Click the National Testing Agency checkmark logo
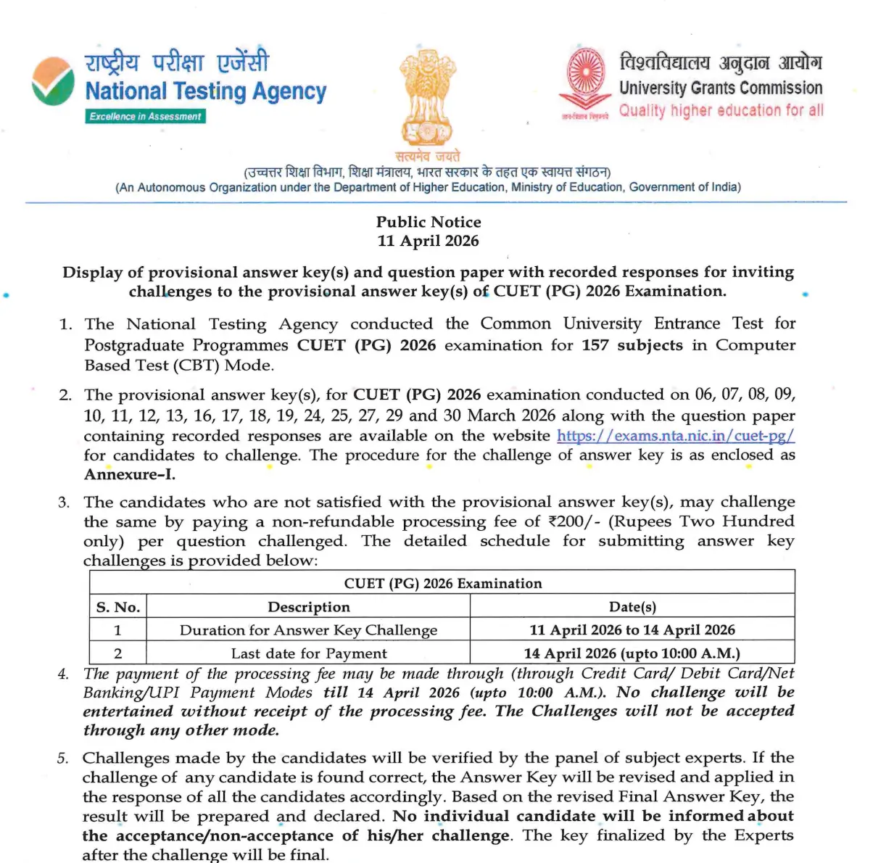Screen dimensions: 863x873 [53, 81]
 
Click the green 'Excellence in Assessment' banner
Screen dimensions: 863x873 [146, 116]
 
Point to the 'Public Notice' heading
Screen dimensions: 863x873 [429, 222]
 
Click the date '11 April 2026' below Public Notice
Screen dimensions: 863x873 [428, 241]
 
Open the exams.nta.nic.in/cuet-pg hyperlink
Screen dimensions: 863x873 [675, 436]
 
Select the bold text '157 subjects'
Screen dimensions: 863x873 [632, 345]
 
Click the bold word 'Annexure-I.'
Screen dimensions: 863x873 [130, 475]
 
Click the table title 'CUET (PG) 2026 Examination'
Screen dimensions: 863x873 [442, 583]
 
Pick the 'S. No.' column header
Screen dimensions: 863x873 [118, 607]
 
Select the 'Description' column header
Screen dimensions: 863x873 [309, 607]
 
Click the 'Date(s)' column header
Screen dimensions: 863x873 [632, 607]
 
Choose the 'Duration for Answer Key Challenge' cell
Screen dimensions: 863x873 [308, 630]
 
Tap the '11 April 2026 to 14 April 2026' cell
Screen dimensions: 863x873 [632, 630]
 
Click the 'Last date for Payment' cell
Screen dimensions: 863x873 [308, 653]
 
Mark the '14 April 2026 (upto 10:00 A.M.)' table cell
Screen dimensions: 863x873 [632, 653]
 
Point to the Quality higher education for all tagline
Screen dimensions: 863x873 [721, 111]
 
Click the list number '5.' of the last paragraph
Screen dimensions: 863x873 [64, 759]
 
